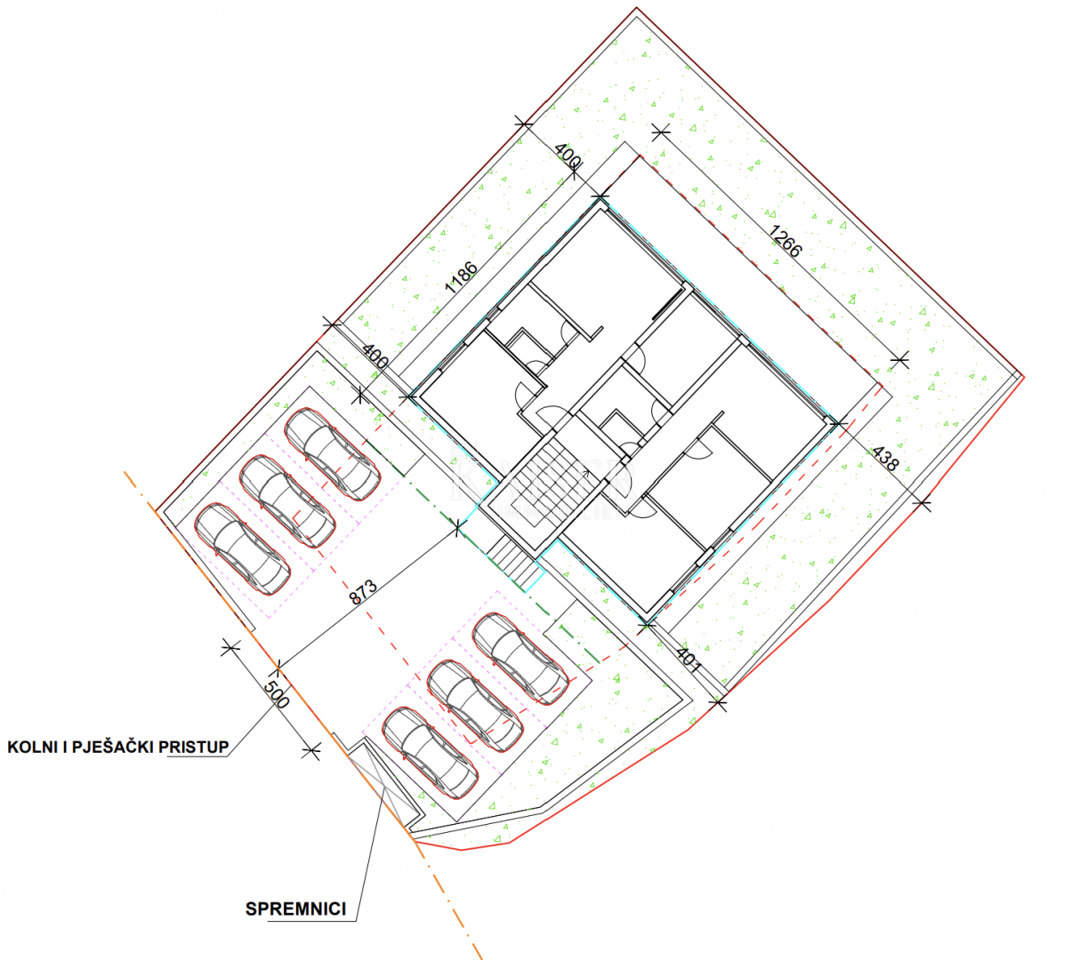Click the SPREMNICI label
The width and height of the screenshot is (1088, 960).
tap(295, 908)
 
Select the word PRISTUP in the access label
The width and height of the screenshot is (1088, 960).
tap(194, 747)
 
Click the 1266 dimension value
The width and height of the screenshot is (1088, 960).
tap(786, 241)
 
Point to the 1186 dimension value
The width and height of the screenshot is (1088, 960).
tap(461, 277)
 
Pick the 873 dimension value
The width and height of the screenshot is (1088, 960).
tap(363, 592)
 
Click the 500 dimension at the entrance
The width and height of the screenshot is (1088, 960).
tap(276, 694)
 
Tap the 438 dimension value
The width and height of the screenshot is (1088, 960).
tap(884, 458)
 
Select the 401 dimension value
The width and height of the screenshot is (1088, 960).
tap(689, 660)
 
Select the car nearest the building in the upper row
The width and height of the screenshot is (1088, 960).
tap(333, 454)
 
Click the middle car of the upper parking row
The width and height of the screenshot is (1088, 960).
tap(287, 501)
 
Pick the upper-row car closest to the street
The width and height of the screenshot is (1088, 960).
tap(242, 549)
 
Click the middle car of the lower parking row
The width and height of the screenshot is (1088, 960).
tap(475, 706)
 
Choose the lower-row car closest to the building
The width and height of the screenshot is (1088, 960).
tap(520, 659)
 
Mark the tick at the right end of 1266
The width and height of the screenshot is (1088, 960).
tap(899, 359)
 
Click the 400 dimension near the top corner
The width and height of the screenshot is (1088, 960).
tap(567, 155)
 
